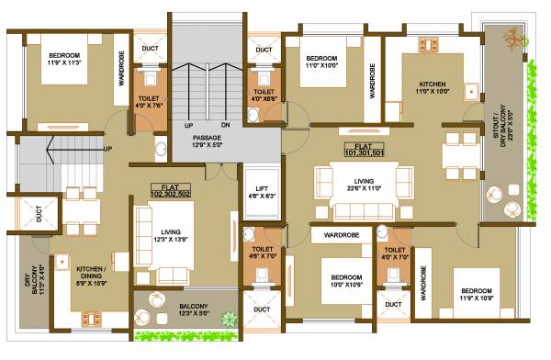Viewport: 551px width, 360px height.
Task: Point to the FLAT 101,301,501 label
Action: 364,150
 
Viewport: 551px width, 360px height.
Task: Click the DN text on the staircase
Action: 225,125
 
